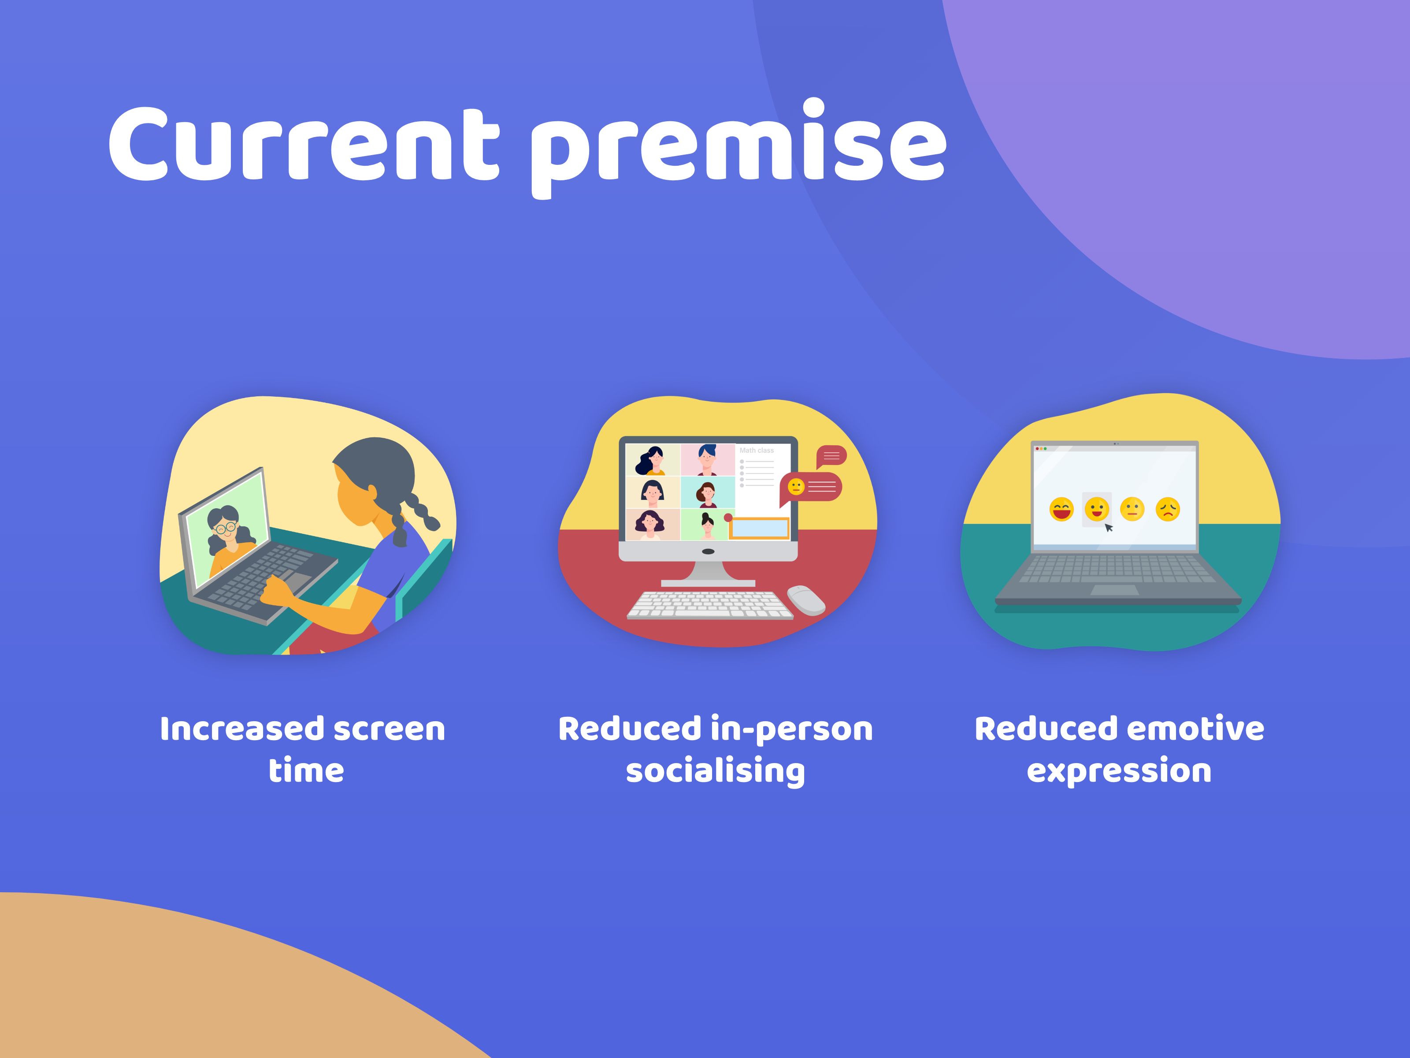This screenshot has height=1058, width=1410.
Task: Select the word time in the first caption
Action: click(x=306, y=771)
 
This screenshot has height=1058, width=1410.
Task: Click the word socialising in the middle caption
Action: click(x=715, y=771)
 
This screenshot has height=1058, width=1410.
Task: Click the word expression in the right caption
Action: click(x=1119, y=771)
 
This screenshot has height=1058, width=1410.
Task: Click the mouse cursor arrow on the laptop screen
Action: click(x=1109, y=527)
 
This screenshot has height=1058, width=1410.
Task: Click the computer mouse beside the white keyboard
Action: click(x=806, y=600)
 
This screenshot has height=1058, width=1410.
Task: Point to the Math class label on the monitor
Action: click(x=757, y=450)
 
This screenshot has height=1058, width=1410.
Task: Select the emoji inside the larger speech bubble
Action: click(x=796, y=487)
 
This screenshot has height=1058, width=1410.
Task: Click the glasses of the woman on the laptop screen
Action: click(x=225, y=527)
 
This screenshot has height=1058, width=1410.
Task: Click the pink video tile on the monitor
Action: click(x=708, y=460)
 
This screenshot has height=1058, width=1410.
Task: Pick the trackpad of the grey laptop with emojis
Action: click(x=1115, y=590)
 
